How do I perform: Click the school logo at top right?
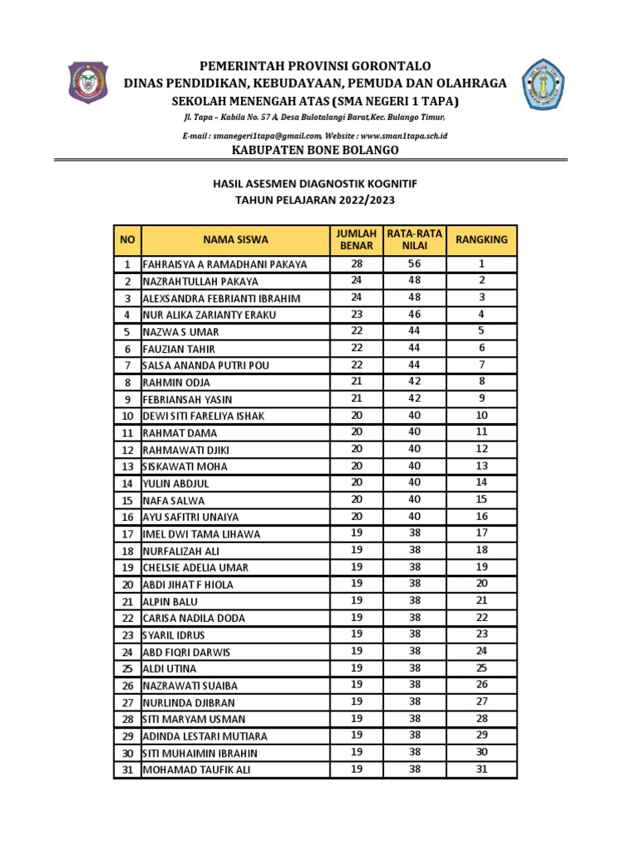544,84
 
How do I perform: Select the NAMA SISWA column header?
235,239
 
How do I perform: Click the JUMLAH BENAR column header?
356,239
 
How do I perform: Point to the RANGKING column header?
482,239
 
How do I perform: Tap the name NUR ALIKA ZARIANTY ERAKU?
210,315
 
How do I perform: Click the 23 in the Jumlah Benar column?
356,315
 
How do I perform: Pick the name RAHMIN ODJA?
176,383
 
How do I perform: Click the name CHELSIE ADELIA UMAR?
195,568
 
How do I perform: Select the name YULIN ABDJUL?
176,484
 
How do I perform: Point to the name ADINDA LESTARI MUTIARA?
205,736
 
